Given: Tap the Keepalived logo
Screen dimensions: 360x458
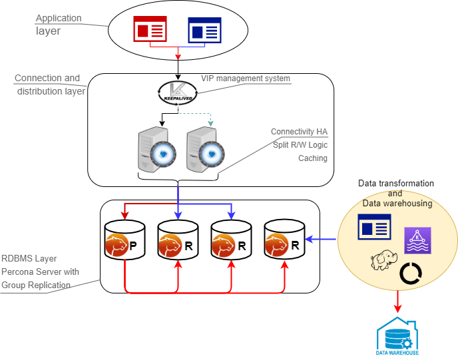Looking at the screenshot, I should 177,93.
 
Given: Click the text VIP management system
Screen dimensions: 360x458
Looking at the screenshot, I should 246,79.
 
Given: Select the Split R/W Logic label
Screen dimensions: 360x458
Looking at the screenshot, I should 300,145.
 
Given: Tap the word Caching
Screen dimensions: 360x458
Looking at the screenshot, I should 312,158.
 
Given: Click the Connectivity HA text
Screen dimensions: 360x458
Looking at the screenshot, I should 299,132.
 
